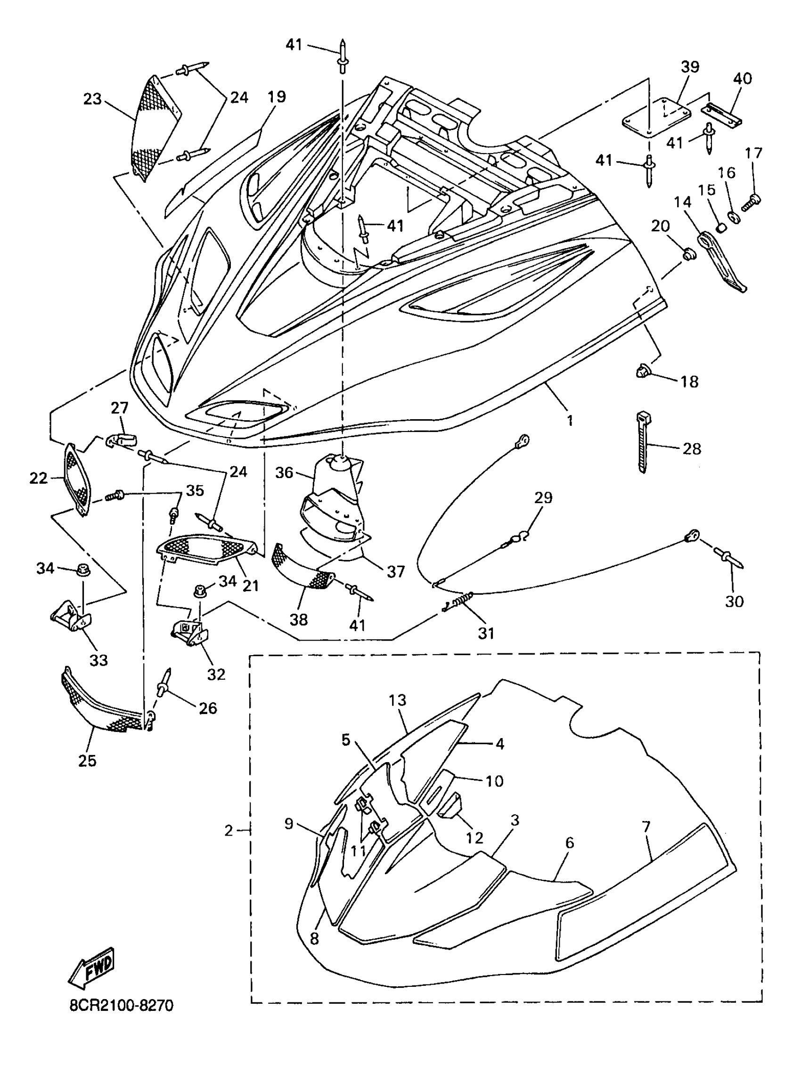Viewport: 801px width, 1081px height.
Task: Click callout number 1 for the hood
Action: pos(570,420)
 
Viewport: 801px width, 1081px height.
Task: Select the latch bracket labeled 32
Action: pos(190,632)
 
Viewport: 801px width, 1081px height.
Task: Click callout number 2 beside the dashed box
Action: pos(229,830)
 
